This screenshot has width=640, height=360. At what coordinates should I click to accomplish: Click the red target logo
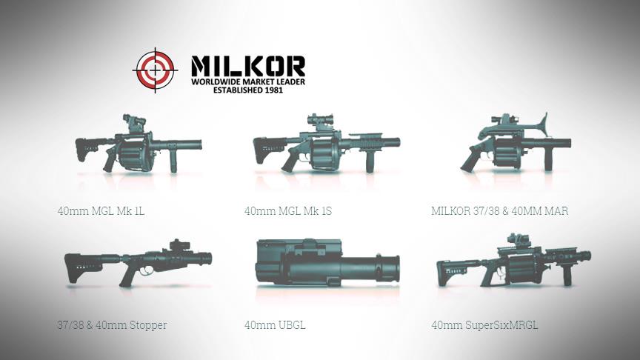155,70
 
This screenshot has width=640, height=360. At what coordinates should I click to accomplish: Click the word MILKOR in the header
248,66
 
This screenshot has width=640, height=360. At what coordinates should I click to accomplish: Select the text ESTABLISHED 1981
248,90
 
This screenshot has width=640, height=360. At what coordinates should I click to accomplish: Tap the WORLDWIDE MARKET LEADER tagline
248,81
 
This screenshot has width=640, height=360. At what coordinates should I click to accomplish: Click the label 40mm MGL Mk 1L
101,211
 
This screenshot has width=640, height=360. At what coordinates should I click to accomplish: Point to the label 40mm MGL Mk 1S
288,211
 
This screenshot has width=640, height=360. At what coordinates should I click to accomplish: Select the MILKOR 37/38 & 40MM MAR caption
499,211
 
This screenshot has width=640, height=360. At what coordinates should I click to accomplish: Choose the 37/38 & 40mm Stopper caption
112,325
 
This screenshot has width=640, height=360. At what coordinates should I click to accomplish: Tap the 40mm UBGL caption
275,325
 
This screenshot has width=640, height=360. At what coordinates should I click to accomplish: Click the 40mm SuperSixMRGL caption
484,325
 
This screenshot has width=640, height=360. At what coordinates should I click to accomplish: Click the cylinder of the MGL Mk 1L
134,154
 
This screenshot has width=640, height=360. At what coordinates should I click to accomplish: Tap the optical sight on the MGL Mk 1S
321,121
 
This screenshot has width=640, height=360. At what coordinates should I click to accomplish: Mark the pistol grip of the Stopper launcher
127,276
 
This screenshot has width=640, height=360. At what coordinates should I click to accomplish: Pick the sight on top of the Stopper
180,245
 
